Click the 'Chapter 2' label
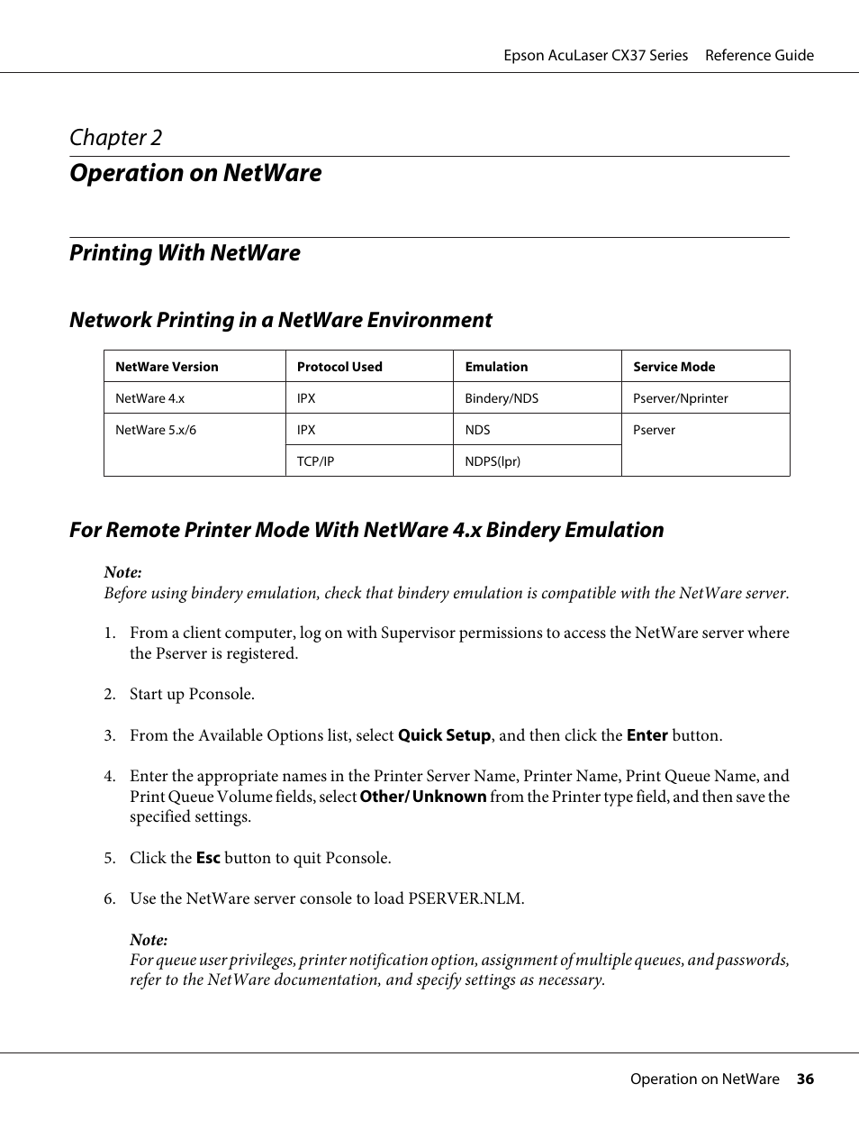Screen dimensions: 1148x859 pyautogui.click(x=116, y=138)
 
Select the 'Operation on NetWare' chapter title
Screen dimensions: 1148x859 pyautogui.click(x=195, y=173)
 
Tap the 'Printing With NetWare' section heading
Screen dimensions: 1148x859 pyautogui.click(x=185, y=253)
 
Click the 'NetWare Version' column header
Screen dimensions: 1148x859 pyautogui.click(x=167, y=367)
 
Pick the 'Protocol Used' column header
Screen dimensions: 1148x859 pyautogui.click(x=339, y=367)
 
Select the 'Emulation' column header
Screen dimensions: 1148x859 pyautogui.click(x=496, y=367)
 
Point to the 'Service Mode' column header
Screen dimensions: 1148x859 pyautogui.click(x=674, y=367)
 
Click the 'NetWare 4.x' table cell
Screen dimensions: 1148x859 pyautogui.click(x=149, y=398)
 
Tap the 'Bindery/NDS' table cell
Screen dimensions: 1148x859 pyautogui.click(x=502, y=398)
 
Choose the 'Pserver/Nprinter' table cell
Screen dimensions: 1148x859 pyautogui.click(x=680, y=398)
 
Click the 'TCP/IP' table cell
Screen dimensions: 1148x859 pyautogui.click(x=315, y=461)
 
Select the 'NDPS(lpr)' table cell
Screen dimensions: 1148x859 pyautogui.click(x=493, y=461)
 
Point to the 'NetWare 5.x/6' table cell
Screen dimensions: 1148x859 pyautogui.click(x=156, y=430)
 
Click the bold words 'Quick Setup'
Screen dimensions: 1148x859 pyautogui.click(x=445, y=735)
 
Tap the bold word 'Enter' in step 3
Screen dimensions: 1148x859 pyautogui.click(x=647, y=735)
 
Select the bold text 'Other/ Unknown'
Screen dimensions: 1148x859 pyautogui.click(x=423, y=797)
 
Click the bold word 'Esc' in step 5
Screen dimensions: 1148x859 pyautogui.click(x=208, y=858)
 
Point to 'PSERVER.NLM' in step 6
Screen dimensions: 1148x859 pyautogui.click(x=465, y=898)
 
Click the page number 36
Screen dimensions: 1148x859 pyautogui.click(x=805, y=1080)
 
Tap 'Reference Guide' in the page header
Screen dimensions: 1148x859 pyautogui.click(x=759, y=56)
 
